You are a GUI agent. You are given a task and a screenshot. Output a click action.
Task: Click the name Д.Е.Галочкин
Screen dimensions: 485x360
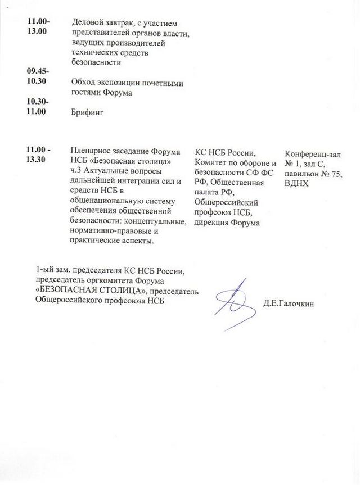click(287, 304)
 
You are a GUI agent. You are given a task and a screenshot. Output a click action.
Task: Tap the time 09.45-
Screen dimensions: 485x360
click(38, 71)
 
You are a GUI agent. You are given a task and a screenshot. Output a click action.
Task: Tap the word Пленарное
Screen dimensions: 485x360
click(89, 150)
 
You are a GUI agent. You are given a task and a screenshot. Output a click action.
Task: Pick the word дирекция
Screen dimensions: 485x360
click(212, 223)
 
